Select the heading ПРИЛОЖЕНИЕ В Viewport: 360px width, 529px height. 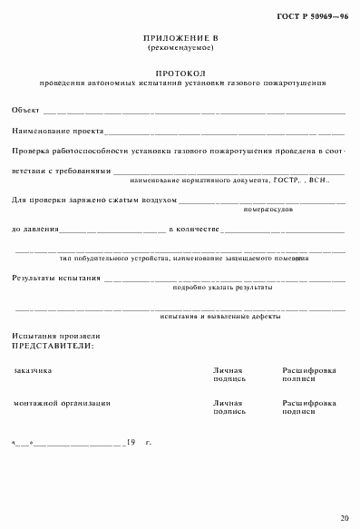[x=181, y=38]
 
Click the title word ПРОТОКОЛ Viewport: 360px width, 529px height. [x=181, y=72]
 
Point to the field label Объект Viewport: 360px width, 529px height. [x=25, y=111]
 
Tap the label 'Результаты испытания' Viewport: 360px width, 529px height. [x=56, y=277]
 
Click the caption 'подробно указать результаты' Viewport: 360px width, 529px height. [x=221, y=288]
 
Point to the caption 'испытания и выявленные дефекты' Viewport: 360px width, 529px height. [x=219, y=317]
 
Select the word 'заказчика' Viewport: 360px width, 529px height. [x=34, y=371]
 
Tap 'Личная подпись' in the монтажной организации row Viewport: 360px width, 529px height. [x=229, y=407]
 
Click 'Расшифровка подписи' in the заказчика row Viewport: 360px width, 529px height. [x=309, y=376]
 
